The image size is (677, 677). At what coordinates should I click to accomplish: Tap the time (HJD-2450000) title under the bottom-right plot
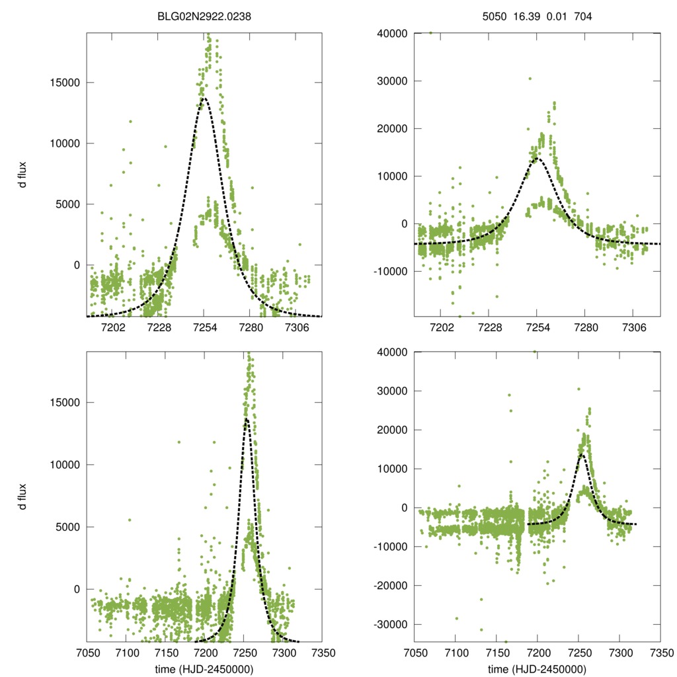(x=538, y=668)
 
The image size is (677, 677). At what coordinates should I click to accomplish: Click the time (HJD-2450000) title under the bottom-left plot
(x=204, y=668)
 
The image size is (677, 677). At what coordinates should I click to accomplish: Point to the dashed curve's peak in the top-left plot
(x=204, y=99)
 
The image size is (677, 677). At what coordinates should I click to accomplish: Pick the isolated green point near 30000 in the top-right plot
(x=530, y=79)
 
